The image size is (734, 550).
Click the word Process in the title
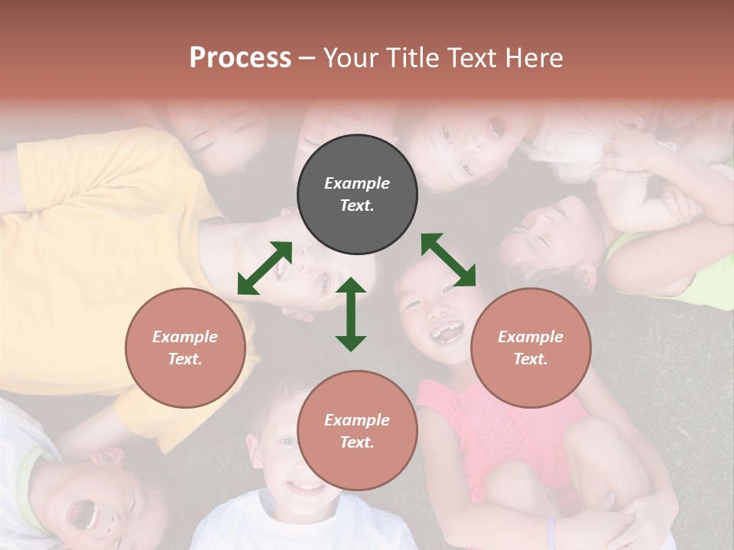240,58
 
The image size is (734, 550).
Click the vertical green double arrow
351,314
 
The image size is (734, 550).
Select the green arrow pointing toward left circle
265,268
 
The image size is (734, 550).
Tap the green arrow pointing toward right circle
448,260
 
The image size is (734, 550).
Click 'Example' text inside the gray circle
357,183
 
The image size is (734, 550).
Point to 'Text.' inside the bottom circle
357,442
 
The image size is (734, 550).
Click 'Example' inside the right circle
531,337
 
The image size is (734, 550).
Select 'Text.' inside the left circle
185,359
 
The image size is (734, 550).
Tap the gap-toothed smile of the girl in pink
447,333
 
